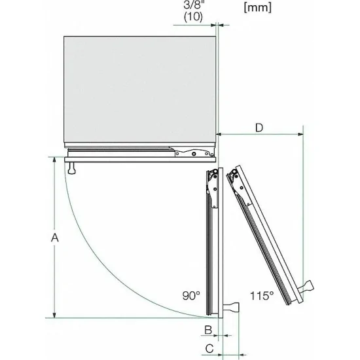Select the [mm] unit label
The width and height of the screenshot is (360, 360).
(x=257, y=9)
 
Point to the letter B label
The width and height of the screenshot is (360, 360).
(x=207, y=329)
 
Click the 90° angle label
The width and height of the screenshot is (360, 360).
(x=190, y=296)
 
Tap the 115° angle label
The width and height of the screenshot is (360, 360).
(x=261, y=296)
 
